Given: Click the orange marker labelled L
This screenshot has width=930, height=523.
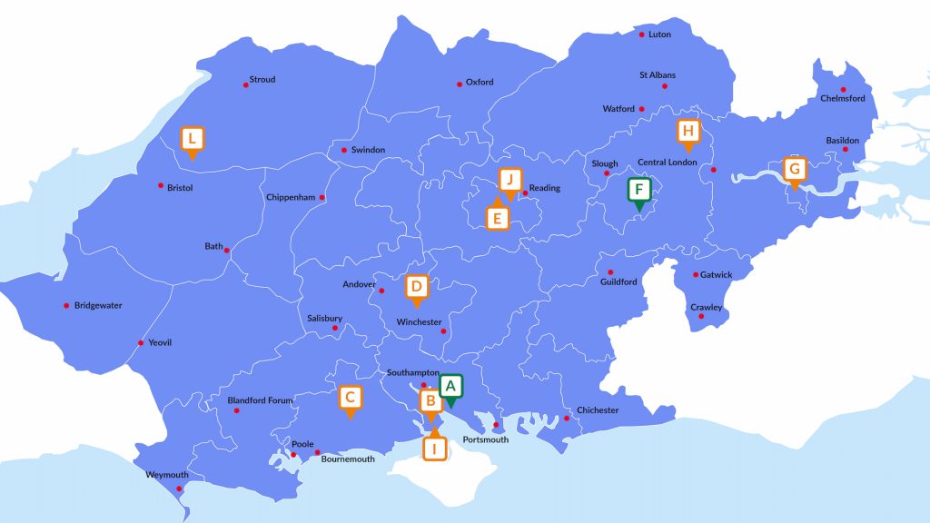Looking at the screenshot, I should pos(192,139).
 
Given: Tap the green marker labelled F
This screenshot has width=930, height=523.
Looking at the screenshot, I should pos(639,191).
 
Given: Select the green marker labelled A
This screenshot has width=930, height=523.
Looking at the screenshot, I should pos(451,387).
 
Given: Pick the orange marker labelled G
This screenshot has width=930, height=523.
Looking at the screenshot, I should pos(795,170).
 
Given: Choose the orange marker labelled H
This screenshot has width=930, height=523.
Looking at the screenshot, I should pos(688,131).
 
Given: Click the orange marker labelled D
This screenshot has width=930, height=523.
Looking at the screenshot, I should pos(416,288).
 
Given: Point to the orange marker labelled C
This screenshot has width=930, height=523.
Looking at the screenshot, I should pos(351,398).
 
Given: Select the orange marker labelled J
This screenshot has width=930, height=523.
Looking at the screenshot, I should pos(511,179).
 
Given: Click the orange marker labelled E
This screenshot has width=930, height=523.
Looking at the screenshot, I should pos(496,218).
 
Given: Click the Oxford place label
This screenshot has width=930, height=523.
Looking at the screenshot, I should pos(480,83).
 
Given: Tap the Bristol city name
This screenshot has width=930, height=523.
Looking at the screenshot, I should pos(180,188).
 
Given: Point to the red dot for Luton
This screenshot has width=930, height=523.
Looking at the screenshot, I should pos(642,35).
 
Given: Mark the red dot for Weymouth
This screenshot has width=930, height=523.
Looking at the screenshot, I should pos(180,489).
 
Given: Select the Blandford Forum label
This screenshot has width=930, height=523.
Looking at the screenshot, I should pos(268,400).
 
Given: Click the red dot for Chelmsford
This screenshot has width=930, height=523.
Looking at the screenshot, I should pos(843,89).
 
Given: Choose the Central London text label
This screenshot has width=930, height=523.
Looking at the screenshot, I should pos(667,163).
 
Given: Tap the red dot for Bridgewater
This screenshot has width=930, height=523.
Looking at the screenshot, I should pos(66,306).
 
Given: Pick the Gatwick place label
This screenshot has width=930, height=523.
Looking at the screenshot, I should pos(716,275).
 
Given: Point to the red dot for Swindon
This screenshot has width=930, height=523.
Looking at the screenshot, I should pos(343,150).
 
